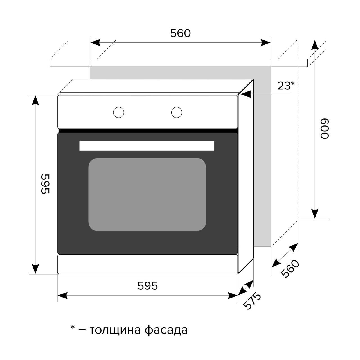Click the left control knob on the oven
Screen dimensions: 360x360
(118, 112)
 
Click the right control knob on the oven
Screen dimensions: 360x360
(177, 112)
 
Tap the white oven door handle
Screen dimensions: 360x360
(147, 146)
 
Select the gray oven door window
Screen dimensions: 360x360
(147, 194)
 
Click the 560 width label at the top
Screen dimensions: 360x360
(180, 33)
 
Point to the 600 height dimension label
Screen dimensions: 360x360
(325, 129)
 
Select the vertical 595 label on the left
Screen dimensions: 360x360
(45, 184)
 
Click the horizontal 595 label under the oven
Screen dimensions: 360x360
(148, 286)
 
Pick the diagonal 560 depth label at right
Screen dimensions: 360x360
(290, 269)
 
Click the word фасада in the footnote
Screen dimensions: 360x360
(166, 330)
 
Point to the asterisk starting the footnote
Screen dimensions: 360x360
(73, 328)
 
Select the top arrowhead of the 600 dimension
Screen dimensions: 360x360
(315, 45)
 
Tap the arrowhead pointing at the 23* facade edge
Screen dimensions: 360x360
(245, 94)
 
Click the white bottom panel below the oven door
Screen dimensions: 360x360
(148, 264)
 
